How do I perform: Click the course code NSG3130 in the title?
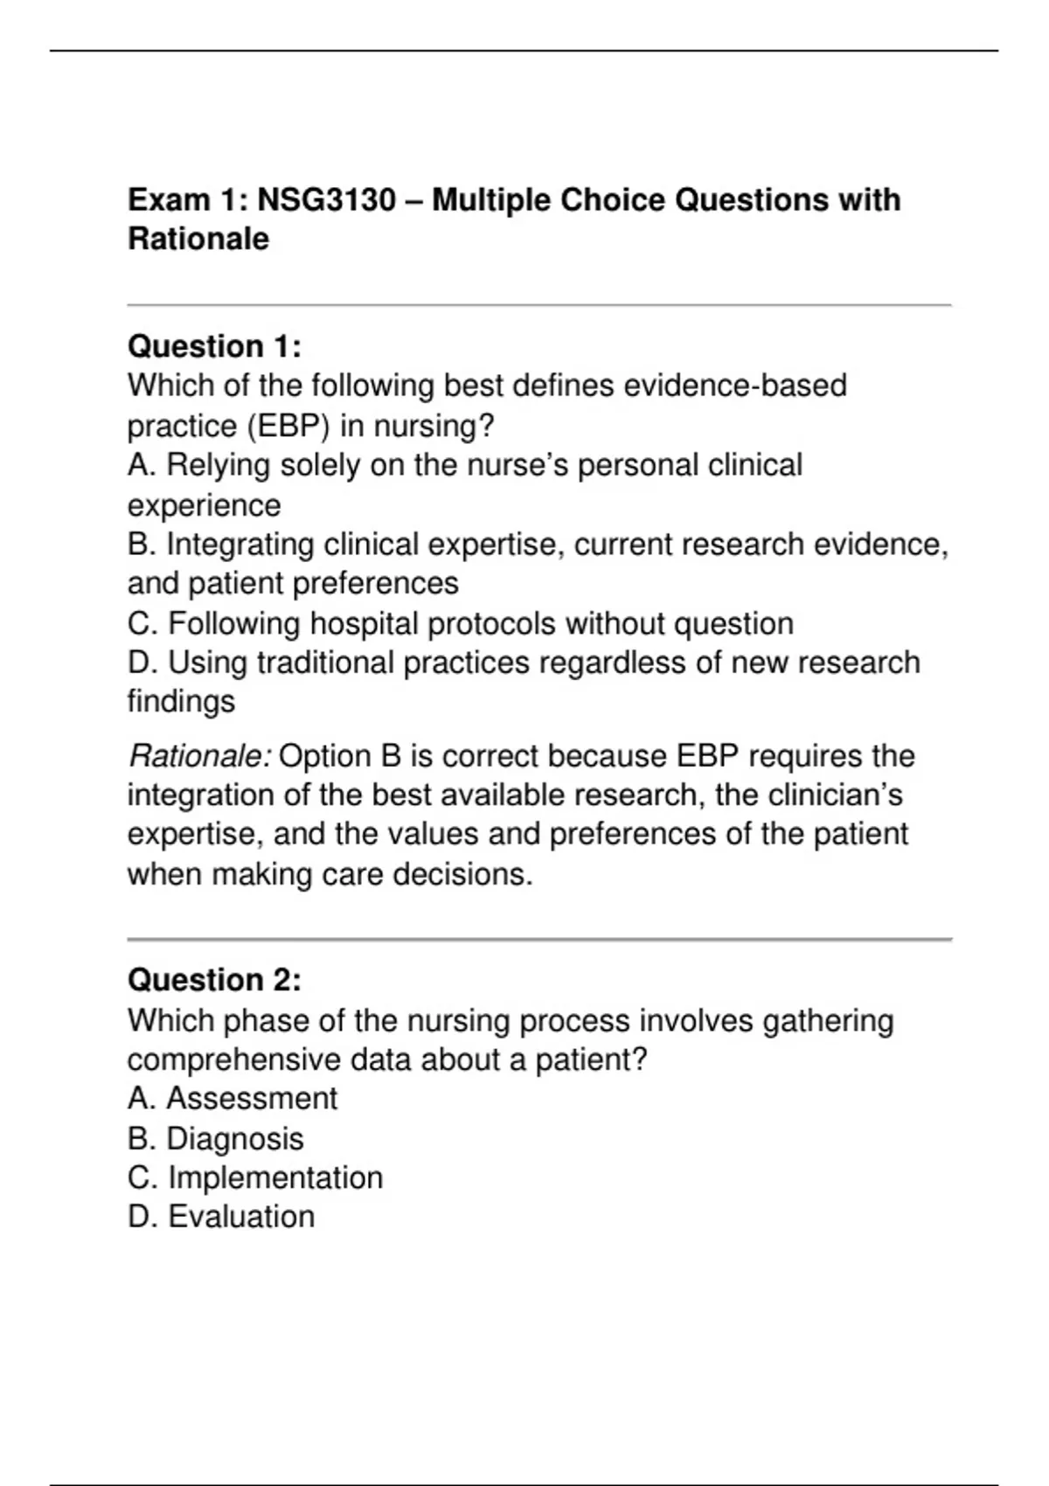point(326,200)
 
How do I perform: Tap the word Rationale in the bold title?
point(198,239)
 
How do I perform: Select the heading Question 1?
point(214,347)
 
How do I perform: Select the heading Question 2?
point(214,980)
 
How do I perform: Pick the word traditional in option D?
point(325,663)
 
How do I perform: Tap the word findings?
point(181,701)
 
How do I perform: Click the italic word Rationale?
point(200,756)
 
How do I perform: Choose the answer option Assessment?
point(251,1099)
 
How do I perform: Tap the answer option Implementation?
point(274,1177)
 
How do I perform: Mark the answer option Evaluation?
point(240,1217)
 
